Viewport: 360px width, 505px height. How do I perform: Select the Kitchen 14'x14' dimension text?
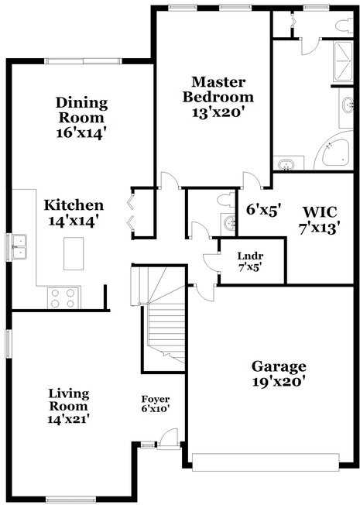[x=74, y=221]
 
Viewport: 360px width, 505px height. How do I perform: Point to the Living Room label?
[x=68, y=399]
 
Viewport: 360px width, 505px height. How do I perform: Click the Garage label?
[x=279, y=366]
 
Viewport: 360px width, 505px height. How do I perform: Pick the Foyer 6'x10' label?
[x=155, y=403]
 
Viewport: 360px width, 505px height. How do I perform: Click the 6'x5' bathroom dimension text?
[x=263, y=209]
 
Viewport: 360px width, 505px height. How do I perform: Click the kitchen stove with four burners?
[x=63, y=297]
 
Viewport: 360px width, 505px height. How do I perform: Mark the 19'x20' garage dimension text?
[x=279, y=381]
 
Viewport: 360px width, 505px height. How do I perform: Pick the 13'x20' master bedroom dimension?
[x=219, y=112]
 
